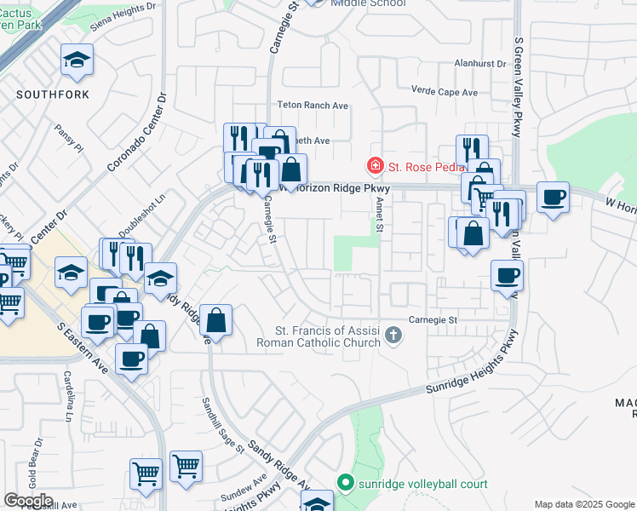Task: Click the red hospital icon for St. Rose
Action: pos(373,164)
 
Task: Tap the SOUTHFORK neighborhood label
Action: pos(53,95)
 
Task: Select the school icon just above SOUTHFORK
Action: pos(77,61)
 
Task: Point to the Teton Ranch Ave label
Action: pos(313,106)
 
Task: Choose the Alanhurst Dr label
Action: pos(479,64)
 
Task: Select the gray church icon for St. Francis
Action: pos(393,335)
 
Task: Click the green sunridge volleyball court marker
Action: pos(345,484)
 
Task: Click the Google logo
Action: pos(28,501)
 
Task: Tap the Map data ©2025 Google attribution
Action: pos(583,504)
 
